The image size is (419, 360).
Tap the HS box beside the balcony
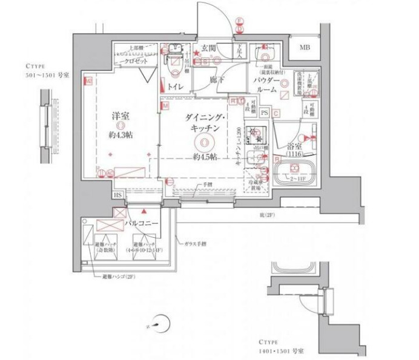pos(117,195)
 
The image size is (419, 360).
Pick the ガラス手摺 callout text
pos(196,244)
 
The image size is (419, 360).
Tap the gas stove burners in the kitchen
pos(263,134)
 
